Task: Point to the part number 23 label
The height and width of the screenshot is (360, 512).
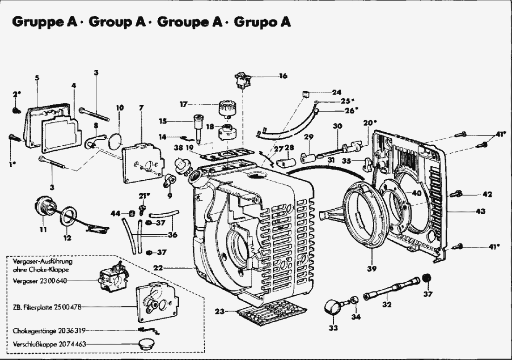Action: [219, 311]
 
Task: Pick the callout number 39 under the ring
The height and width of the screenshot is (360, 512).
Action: [371, 268]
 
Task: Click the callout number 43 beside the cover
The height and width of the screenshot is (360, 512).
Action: [480, 211]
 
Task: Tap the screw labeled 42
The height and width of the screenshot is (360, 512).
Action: [457, 193]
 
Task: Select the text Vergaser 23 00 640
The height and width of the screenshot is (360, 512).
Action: [42, 281]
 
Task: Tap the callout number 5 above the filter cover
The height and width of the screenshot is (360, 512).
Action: [36, 77]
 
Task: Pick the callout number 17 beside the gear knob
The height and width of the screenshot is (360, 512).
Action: [183, 103]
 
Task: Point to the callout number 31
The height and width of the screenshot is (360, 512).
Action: [331, 161]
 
